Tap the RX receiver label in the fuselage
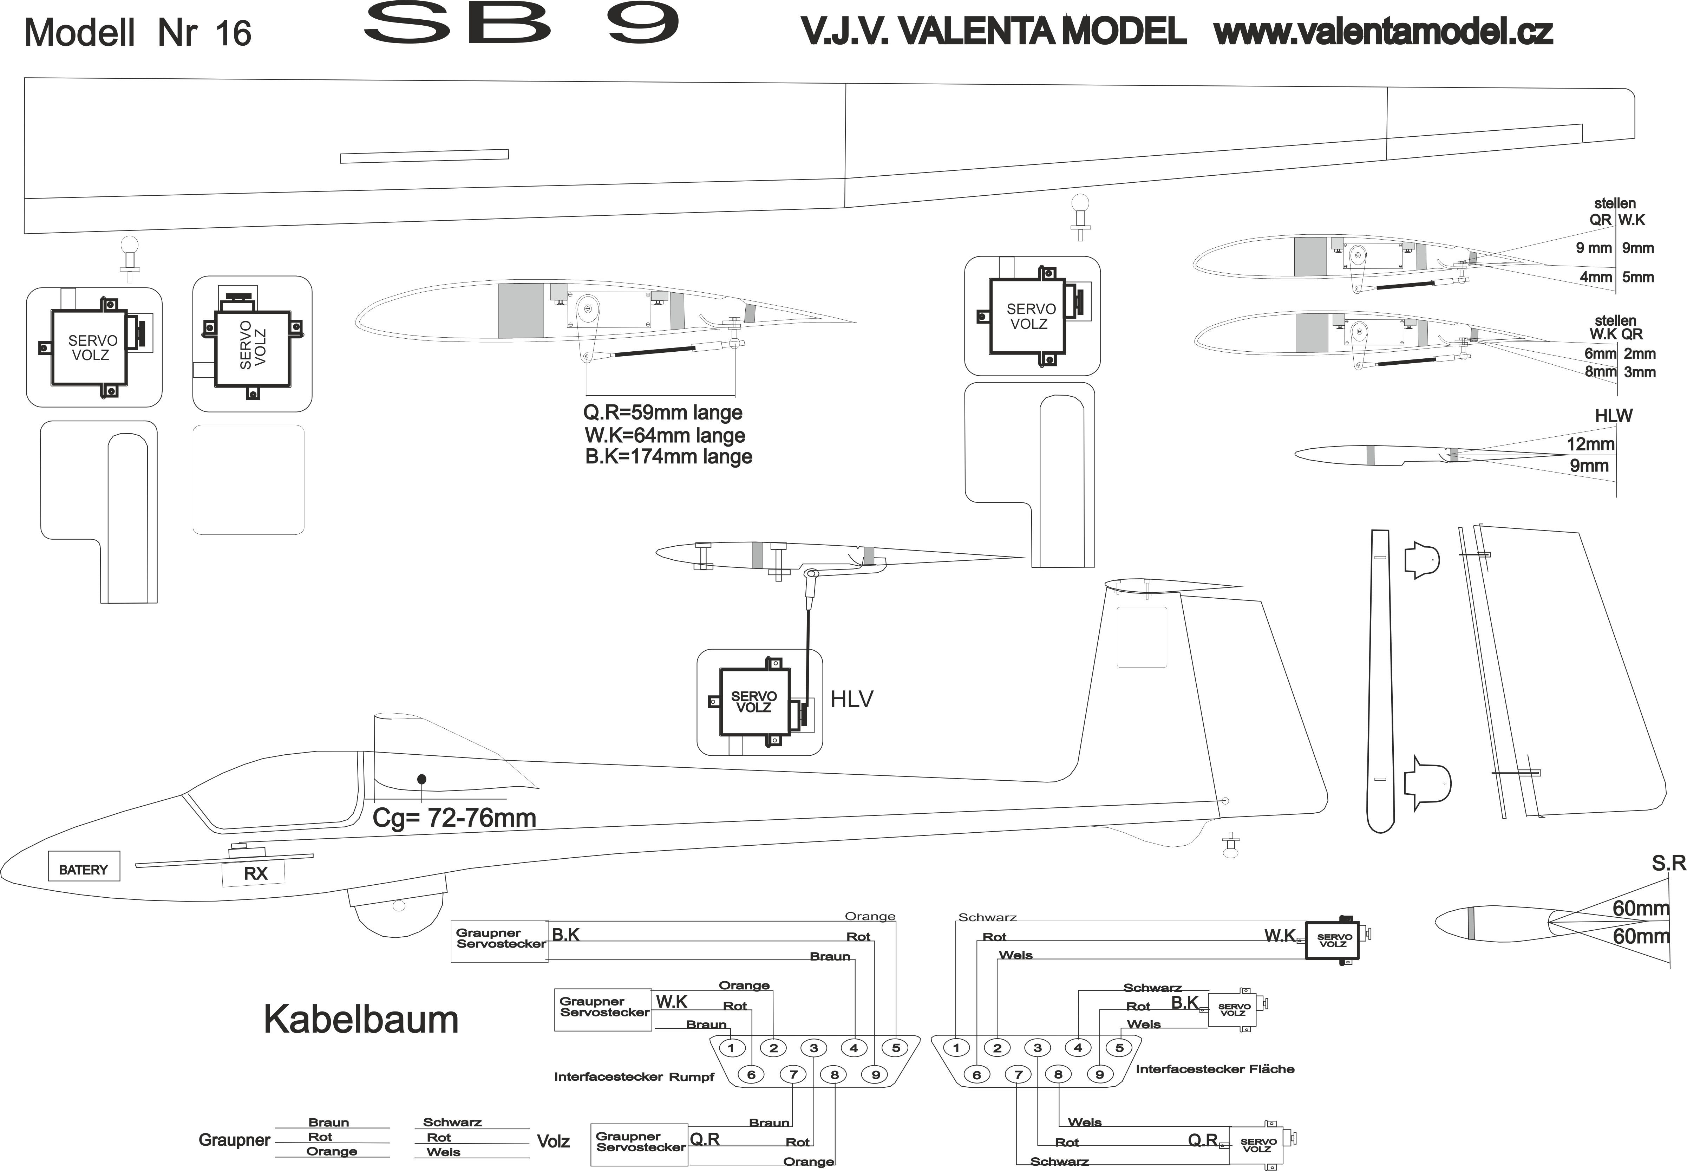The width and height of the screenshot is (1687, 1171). (x=255, y=873)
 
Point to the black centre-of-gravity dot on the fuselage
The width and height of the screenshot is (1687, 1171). (x=421, y=779)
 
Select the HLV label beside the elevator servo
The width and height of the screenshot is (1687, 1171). (x=851, y=699)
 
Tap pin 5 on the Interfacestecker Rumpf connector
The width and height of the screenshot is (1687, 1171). (x=896, y=1048)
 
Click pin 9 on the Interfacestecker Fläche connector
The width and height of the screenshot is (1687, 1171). (x=1099, y=1075)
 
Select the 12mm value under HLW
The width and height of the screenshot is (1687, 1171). (x=1590, y=444)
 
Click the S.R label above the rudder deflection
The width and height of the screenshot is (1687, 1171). (x=1669, y=864)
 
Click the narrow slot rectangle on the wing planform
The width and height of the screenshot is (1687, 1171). (x=424, y=156)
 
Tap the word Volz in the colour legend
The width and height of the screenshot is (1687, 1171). (x=553, y=1141)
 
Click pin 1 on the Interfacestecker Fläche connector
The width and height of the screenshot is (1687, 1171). (x=956, y=1048)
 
